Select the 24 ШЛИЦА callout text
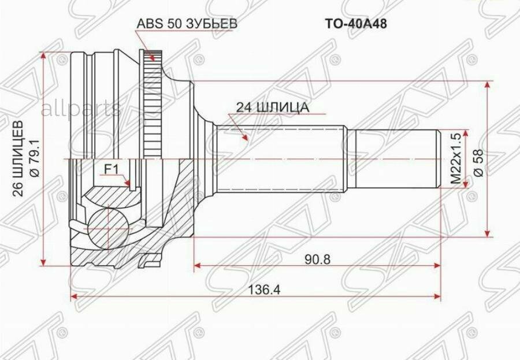[272, 107]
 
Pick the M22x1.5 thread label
[457, 158]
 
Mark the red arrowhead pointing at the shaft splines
[245, 138]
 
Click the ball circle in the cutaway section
[107, 227]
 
